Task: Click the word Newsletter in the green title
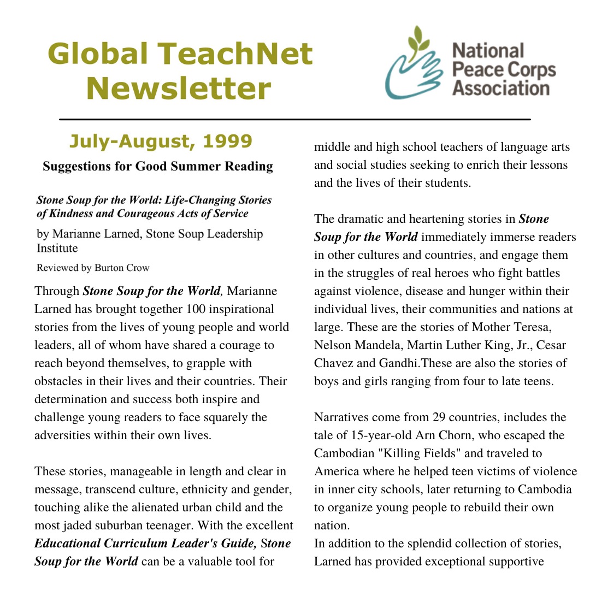pos(179,89)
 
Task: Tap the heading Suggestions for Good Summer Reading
pos(158,166)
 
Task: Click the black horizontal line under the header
pos(295,119)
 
